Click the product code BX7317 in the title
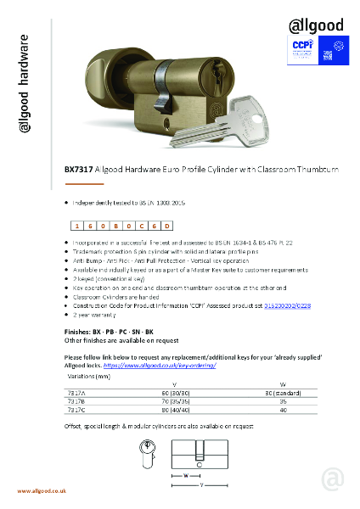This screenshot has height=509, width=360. (x=80, y=170)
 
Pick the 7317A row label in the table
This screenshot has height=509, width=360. (x=76, y=393)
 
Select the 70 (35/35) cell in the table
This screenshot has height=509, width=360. (x=174, y=400)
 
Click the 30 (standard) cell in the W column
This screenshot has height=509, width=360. (x=284, y=393)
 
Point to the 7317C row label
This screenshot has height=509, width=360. (x=76, y=408)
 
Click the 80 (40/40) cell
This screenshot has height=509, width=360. (x=174, y=408)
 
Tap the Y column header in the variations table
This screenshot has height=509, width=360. (x=174, y=385)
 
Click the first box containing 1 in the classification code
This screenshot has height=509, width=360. (x=77, y=227)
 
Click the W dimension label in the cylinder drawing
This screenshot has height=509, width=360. (x=186, y=474)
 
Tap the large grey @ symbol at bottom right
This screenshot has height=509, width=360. (x=334, y=478)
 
